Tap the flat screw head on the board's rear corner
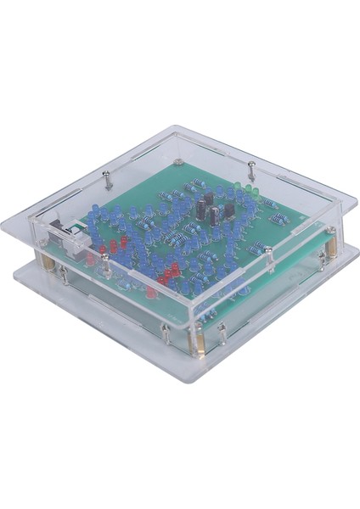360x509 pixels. [x=179, y=159]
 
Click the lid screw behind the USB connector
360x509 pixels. [x=106, y=179]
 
